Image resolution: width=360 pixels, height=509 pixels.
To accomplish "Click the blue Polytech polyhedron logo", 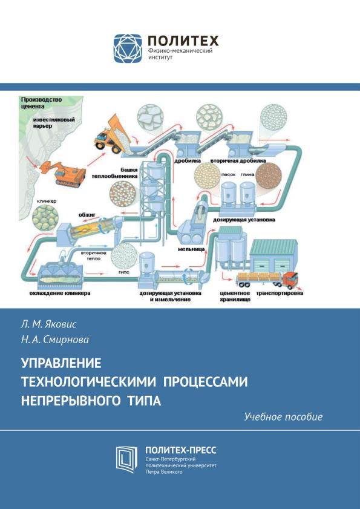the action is (x=128, y=48).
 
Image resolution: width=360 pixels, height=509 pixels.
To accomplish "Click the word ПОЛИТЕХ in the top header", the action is (x=183, y=41).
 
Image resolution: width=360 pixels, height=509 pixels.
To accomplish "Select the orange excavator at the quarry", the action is (x=64, y=173).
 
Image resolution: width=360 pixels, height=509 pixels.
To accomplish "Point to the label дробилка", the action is (x=188, y=160).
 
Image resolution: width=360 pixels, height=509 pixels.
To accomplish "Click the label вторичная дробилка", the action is (x=238, y=160).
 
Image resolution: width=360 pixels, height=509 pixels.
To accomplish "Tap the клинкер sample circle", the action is (x=45, y=218).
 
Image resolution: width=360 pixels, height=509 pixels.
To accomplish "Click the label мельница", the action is (x=191, y=249).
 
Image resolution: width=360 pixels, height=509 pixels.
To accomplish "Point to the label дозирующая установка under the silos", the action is (x=244, y=220).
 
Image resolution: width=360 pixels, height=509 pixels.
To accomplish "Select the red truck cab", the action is (x=290, y=280).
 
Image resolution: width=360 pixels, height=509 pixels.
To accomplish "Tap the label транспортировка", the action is (x=280, y=294).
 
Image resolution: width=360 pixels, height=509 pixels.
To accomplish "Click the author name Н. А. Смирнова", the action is (x=55, y=340).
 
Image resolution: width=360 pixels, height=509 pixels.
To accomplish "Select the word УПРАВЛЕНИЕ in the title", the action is (x=61, y=363).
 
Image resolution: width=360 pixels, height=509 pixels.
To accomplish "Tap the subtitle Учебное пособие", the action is (x=283, y=417).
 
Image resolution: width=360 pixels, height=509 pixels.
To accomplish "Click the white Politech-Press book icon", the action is (x=126, y=459).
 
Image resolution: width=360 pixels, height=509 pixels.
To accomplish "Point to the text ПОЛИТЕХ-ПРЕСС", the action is (x=181, y=450).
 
